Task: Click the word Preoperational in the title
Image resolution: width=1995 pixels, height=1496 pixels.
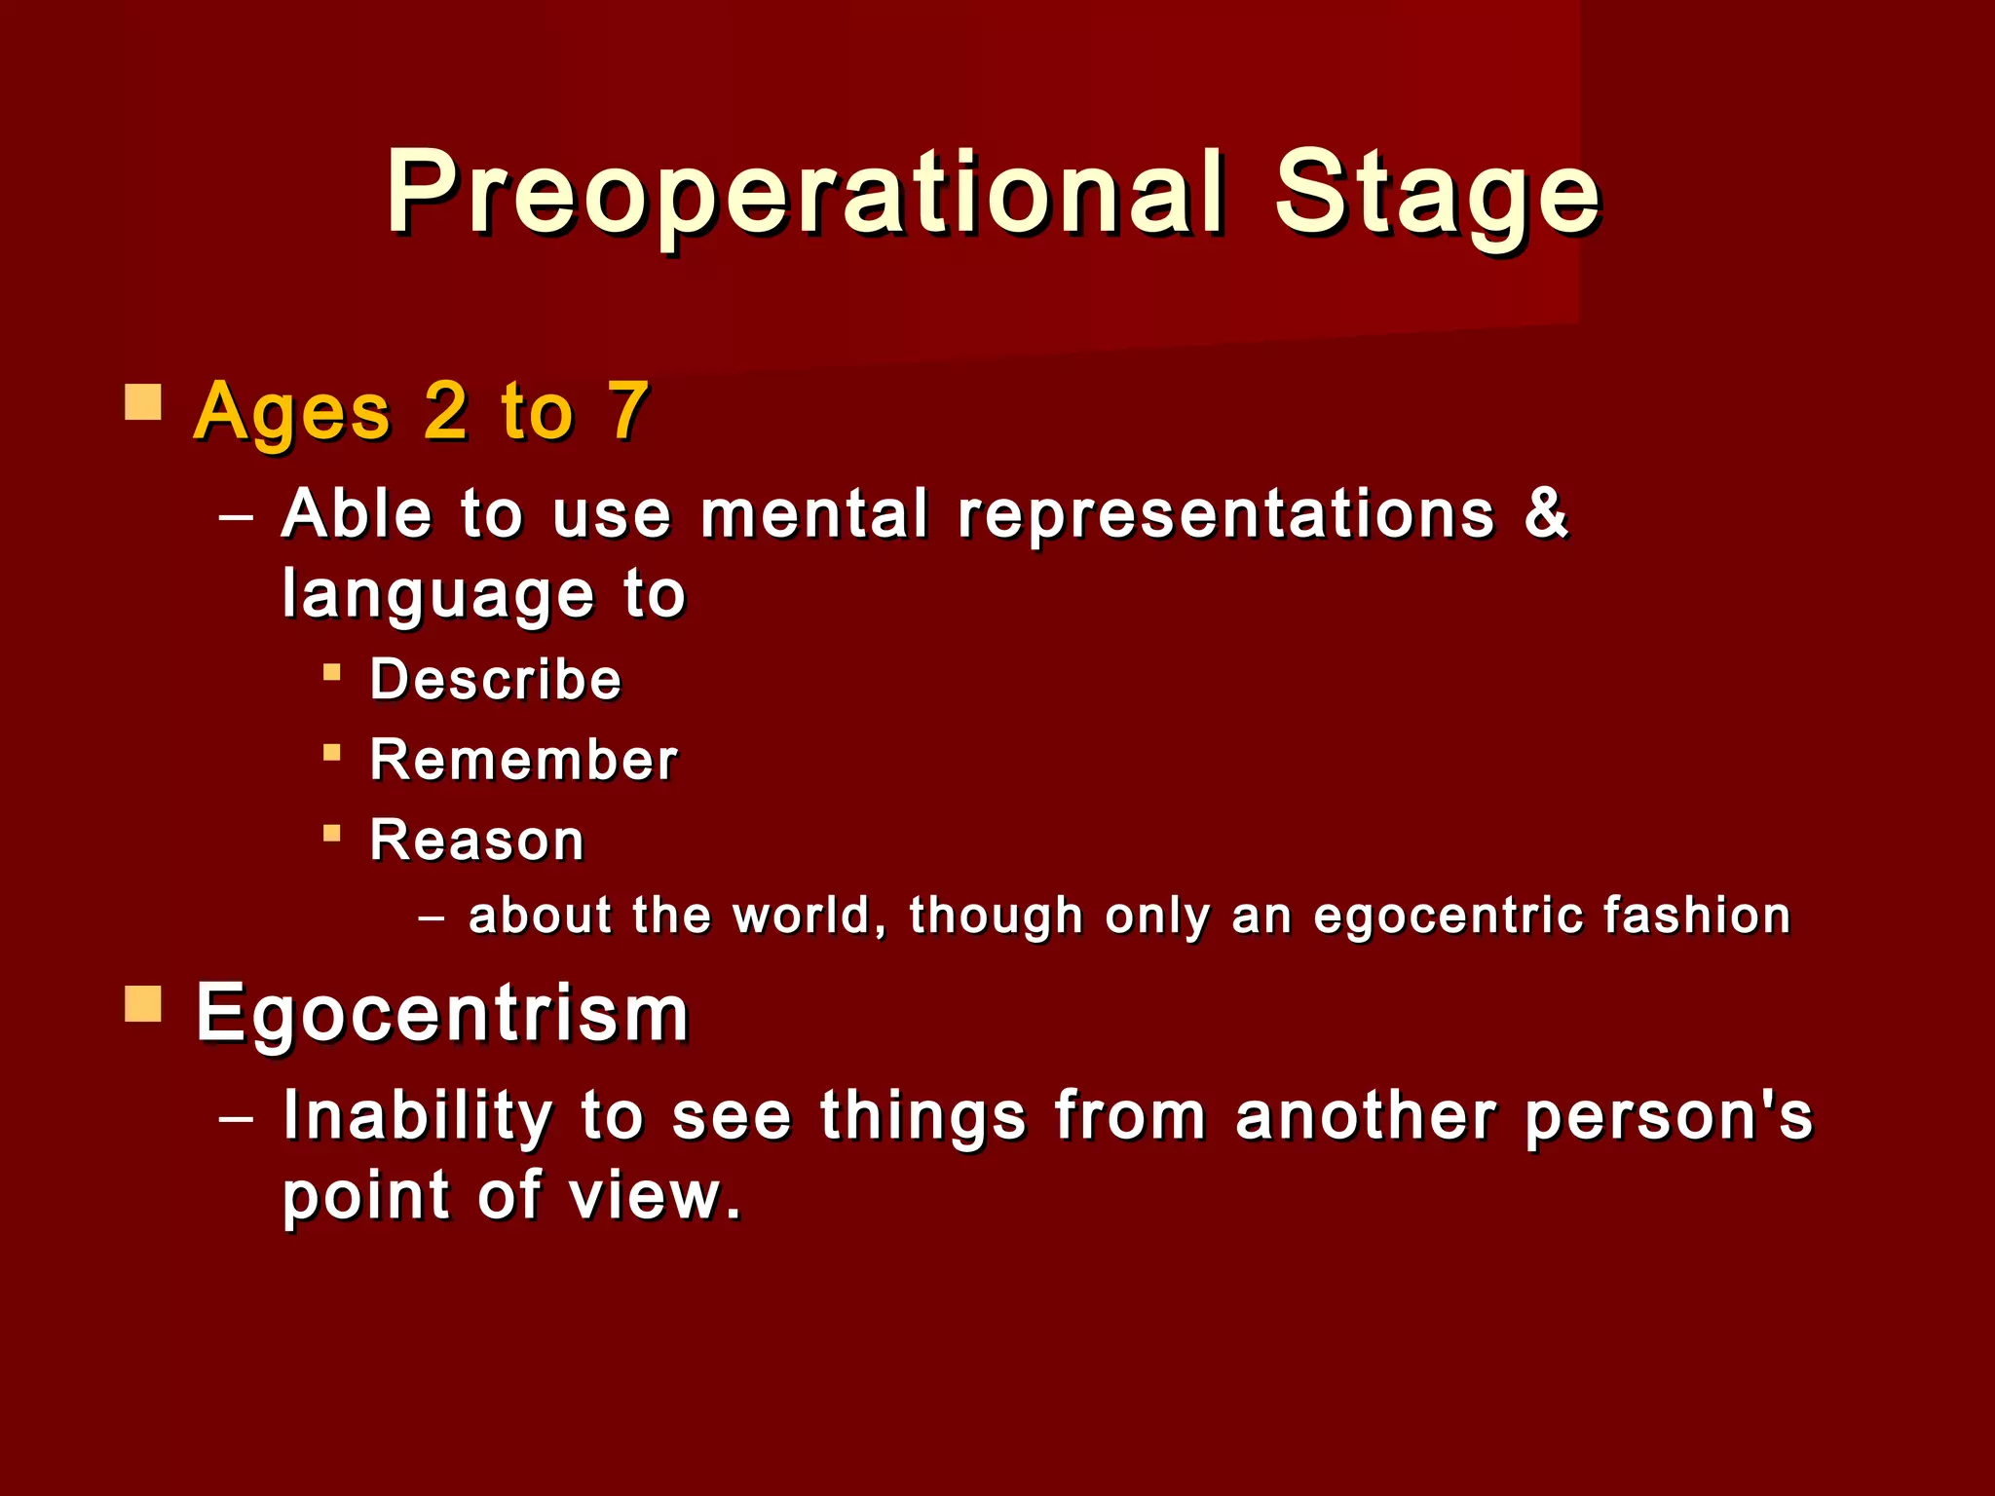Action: click(x=805, y=193)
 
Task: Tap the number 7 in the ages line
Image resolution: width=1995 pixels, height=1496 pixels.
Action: click(x=627, y=411)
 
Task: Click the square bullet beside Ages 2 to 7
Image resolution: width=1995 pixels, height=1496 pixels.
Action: click(x=143, y=401)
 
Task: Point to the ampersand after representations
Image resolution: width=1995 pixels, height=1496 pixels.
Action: click(x=1546, y=512)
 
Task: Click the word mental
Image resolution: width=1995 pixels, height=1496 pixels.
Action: click(x=814, y=514)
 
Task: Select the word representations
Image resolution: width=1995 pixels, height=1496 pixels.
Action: click(x=1225, y=516)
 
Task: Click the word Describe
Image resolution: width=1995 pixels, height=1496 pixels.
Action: click(x=496, y=679)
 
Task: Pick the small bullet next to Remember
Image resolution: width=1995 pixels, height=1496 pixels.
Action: click(x=332, y=752)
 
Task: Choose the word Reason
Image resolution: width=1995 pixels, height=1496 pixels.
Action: click(x=477, y=840)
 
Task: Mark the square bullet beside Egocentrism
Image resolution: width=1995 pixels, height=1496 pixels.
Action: click(x=143, y=1003)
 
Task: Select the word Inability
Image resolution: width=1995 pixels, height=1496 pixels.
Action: click(x=418, y=1116)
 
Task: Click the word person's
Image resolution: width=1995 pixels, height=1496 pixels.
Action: click(x=1670, y=1116)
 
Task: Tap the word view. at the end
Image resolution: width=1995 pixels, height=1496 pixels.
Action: click(x=656, y=1196)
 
